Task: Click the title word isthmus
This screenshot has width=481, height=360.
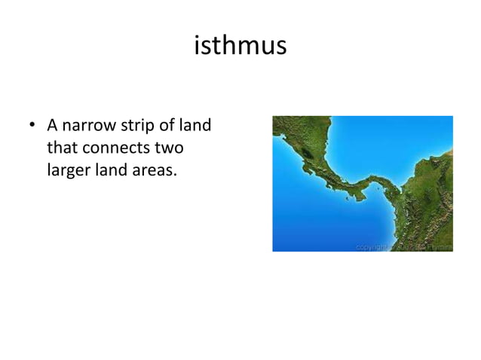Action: pos(240,46)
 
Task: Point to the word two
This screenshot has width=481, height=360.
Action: pos(169,148)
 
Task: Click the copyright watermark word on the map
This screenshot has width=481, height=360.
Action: pos(374,246)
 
